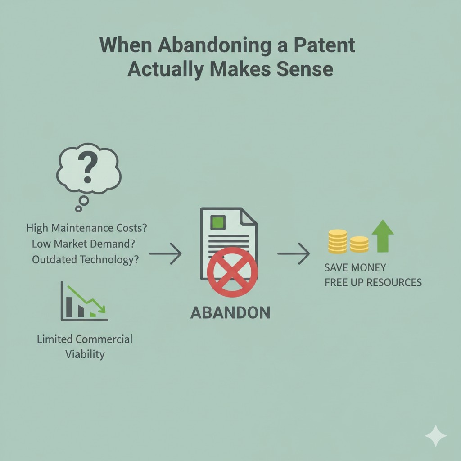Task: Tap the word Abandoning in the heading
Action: [x=215, y=46]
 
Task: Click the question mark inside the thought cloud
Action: [x=87, y=167]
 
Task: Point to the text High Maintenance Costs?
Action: [x=86, y=228]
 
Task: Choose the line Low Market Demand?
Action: [x=83, y=244]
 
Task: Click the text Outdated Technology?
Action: [x=85, y=260]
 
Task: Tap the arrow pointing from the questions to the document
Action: [x=165, y=253]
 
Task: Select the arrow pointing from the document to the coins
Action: [x=294, y=253]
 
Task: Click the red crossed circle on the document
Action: [x=232, y=272]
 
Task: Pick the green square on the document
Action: [x=218, y=222]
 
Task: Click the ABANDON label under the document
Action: [x=230, y=312]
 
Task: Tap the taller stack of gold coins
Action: [x=338, y=241]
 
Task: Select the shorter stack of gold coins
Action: [x=359, y=244]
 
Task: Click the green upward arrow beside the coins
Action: [x=383, y=236]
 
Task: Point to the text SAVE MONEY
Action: [x=355, y=267]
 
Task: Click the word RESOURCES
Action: [x=394, y=282]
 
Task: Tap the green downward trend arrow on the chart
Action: [x=86, y=299]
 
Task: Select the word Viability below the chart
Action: [x=85, y=354]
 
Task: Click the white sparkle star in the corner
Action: [x=436, y=436]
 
